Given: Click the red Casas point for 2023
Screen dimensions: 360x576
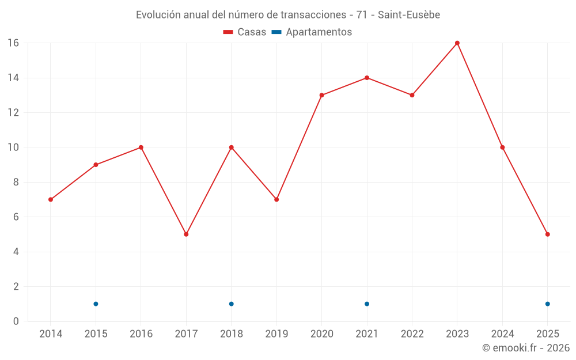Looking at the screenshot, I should click(457, 43).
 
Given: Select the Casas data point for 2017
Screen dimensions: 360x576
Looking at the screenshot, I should click(186, 234).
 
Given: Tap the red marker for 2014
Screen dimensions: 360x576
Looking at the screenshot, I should click(51, 199).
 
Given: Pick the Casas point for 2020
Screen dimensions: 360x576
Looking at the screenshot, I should click(321, 95).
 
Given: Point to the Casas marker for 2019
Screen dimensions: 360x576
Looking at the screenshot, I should click(276, 199).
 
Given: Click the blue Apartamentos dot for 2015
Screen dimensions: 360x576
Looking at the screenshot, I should click(96, 304).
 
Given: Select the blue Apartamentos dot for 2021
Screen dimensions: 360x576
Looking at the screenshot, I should click(367, 304).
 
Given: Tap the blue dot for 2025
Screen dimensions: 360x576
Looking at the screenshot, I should click(547, 304).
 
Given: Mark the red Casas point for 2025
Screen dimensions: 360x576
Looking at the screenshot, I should click(547, 234).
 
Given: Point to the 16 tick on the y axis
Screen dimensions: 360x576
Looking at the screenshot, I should click(13, 43).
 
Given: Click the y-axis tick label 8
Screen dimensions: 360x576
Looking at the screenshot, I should click(16, 182).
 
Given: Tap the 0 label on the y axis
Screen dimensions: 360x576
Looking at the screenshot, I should click(16, 321).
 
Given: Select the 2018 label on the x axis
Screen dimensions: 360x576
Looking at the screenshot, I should click(231, 334).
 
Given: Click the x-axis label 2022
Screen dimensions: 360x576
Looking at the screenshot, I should click(412, 334).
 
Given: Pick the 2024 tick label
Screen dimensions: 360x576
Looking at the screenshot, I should click(502, 334).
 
